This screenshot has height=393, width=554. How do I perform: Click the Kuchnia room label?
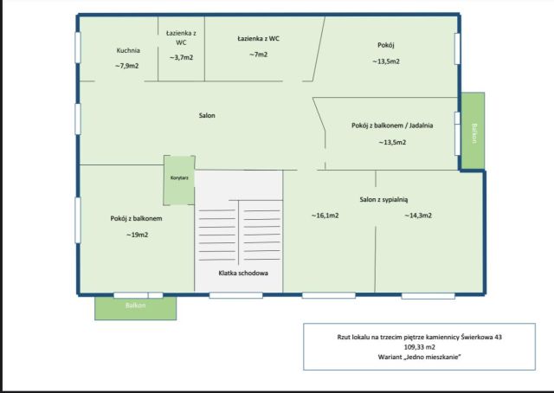coord(128,50)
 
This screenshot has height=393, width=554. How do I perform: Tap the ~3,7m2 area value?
coord(181,57)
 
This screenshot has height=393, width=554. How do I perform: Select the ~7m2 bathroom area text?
coord(258,55)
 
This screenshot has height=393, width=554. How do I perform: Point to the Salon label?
coord(207,115)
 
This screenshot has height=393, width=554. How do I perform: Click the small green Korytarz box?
coord(179,180)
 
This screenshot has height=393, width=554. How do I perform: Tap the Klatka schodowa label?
coord(243,273)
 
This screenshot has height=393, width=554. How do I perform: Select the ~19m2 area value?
coord(137,235)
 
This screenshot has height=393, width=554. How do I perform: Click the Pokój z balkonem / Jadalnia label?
coord(392,126)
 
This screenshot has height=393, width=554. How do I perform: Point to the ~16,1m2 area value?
coord(325,216)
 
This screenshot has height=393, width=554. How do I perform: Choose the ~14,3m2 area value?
coord(418,216)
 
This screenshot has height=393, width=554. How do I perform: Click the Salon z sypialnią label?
coord(383,199)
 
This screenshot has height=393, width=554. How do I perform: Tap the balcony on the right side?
coord(473,131)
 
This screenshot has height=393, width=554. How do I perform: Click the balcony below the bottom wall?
coord(135,308)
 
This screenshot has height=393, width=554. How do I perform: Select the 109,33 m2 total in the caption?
coord(419,347)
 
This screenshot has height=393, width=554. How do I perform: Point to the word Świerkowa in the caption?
coord(477,337)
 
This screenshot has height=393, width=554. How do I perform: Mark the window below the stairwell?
coord(235,295)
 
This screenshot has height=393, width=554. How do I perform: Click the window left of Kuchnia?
coord(78,48)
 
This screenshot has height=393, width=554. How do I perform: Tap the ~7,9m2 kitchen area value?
coord(127,66)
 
